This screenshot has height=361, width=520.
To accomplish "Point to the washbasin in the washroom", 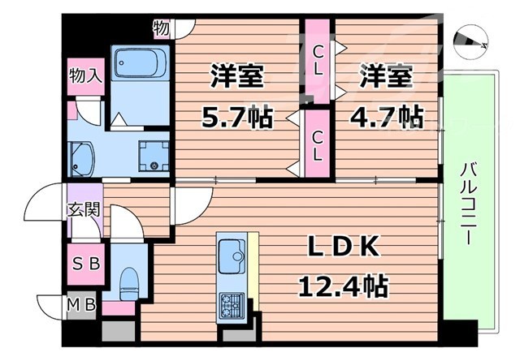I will (x=81, y=157).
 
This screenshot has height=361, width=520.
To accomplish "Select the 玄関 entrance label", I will (x=83, y=208).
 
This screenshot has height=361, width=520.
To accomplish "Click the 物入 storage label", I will (x=85, y=77).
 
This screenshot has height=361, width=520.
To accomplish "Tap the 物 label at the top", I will (x=161, y=29).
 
